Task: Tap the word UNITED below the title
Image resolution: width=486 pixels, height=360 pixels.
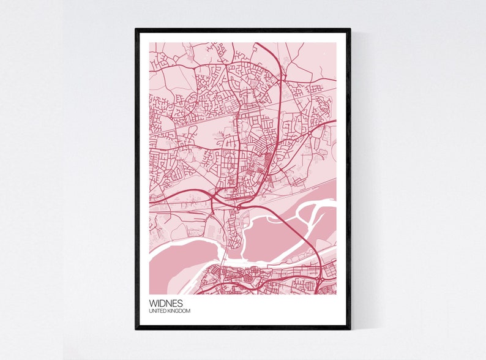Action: click(157, 312)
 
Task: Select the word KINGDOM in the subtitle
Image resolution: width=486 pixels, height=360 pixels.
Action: click(178, 312)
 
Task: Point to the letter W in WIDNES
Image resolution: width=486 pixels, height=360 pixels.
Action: click(152, 303)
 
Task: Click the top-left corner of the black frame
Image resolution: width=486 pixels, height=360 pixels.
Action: click(136, 29)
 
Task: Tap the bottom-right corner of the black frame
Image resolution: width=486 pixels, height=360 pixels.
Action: click(350, 328)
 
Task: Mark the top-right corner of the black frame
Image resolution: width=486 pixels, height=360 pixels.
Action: click(350, 29)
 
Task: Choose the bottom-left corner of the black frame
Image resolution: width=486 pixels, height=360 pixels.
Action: click(136, 328)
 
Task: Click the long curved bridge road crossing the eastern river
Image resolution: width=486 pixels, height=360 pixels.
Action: click(294, 230)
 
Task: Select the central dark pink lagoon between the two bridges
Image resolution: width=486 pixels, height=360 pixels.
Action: click(269, 236)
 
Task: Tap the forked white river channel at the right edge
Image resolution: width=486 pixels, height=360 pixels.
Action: click(318, 211)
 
